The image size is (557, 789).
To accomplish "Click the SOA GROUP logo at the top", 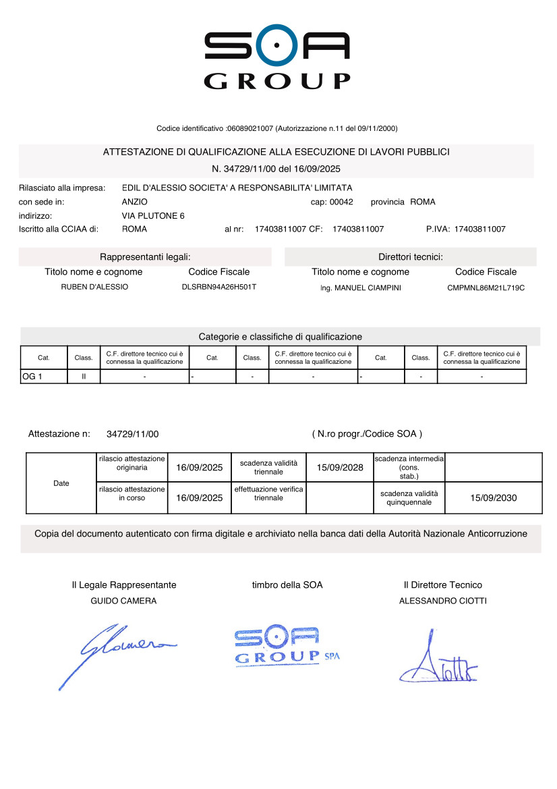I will pyautogui.click(x=277, y=60).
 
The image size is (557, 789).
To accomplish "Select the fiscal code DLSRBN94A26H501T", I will pyautogui.click(x=219, y=287).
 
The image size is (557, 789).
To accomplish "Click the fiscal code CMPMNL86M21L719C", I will pyautogui.click(x=486, y=288).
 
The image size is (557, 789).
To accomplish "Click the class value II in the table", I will pyautogui.click(x=84, y=377).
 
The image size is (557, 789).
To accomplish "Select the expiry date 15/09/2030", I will pyautogui.click(x=494, y=498).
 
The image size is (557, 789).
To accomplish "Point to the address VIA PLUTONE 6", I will pyautogui.click(x=153, y=215).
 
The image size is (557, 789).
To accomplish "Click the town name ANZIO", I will pyautogui.click(x=135, y=202).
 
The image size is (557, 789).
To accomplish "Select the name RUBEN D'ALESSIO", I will pyautogui.click(x=94, y=287).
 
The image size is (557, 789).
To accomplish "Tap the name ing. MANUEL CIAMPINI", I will pyautogui.click(x=360, y=288).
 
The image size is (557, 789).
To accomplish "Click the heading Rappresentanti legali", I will pyautogui.click(x=145, y=257).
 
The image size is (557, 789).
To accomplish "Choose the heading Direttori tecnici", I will pyautogui.click(x=410, y=257).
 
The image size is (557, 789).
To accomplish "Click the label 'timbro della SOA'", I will pyautogui.click(x=287, y=585).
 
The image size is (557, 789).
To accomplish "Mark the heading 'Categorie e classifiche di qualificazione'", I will pyautogui.click(x=280, y=336).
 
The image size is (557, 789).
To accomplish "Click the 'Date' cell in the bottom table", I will pyautogui.click(x=61, y=483).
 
